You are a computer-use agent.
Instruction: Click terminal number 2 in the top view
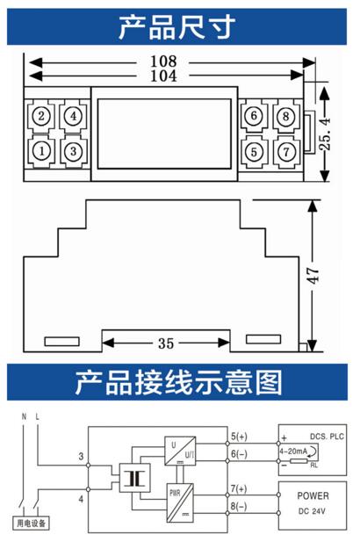point(41,116)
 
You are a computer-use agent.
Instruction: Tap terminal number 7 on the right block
point(286,151)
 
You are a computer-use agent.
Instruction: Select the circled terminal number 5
point(254,151)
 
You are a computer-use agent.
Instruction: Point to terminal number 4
point(73,116)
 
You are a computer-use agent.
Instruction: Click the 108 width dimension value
point(163,61)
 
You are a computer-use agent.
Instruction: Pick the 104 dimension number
point(163,76)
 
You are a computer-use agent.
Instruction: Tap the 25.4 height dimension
point(324,134)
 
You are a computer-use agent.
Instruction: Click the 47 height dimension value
point(313,276)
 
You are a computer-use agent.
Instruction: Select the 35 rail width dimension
point(166,343)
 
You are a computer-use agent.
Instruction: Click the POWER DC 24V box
point(313,505)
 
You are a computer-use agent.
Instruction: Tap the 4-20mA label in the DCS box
point(293,452)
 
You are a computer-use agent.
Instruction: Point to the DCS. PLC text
point(327,437)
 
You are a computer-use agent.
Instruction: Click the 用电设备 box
point(31,523)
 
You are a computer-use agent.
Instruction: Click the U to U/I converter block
point(180,451)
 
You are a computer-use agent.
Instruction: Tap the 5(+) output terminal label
point(239,437)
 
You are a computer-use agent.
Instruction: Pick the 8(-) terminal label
point(239,506)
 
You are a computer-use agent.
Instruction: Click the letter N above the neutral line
point(24,416)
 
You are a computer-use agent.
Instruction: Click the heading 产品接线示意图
point(178,382)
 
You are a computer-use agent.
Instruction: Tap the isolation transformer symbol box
point(134,478)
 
